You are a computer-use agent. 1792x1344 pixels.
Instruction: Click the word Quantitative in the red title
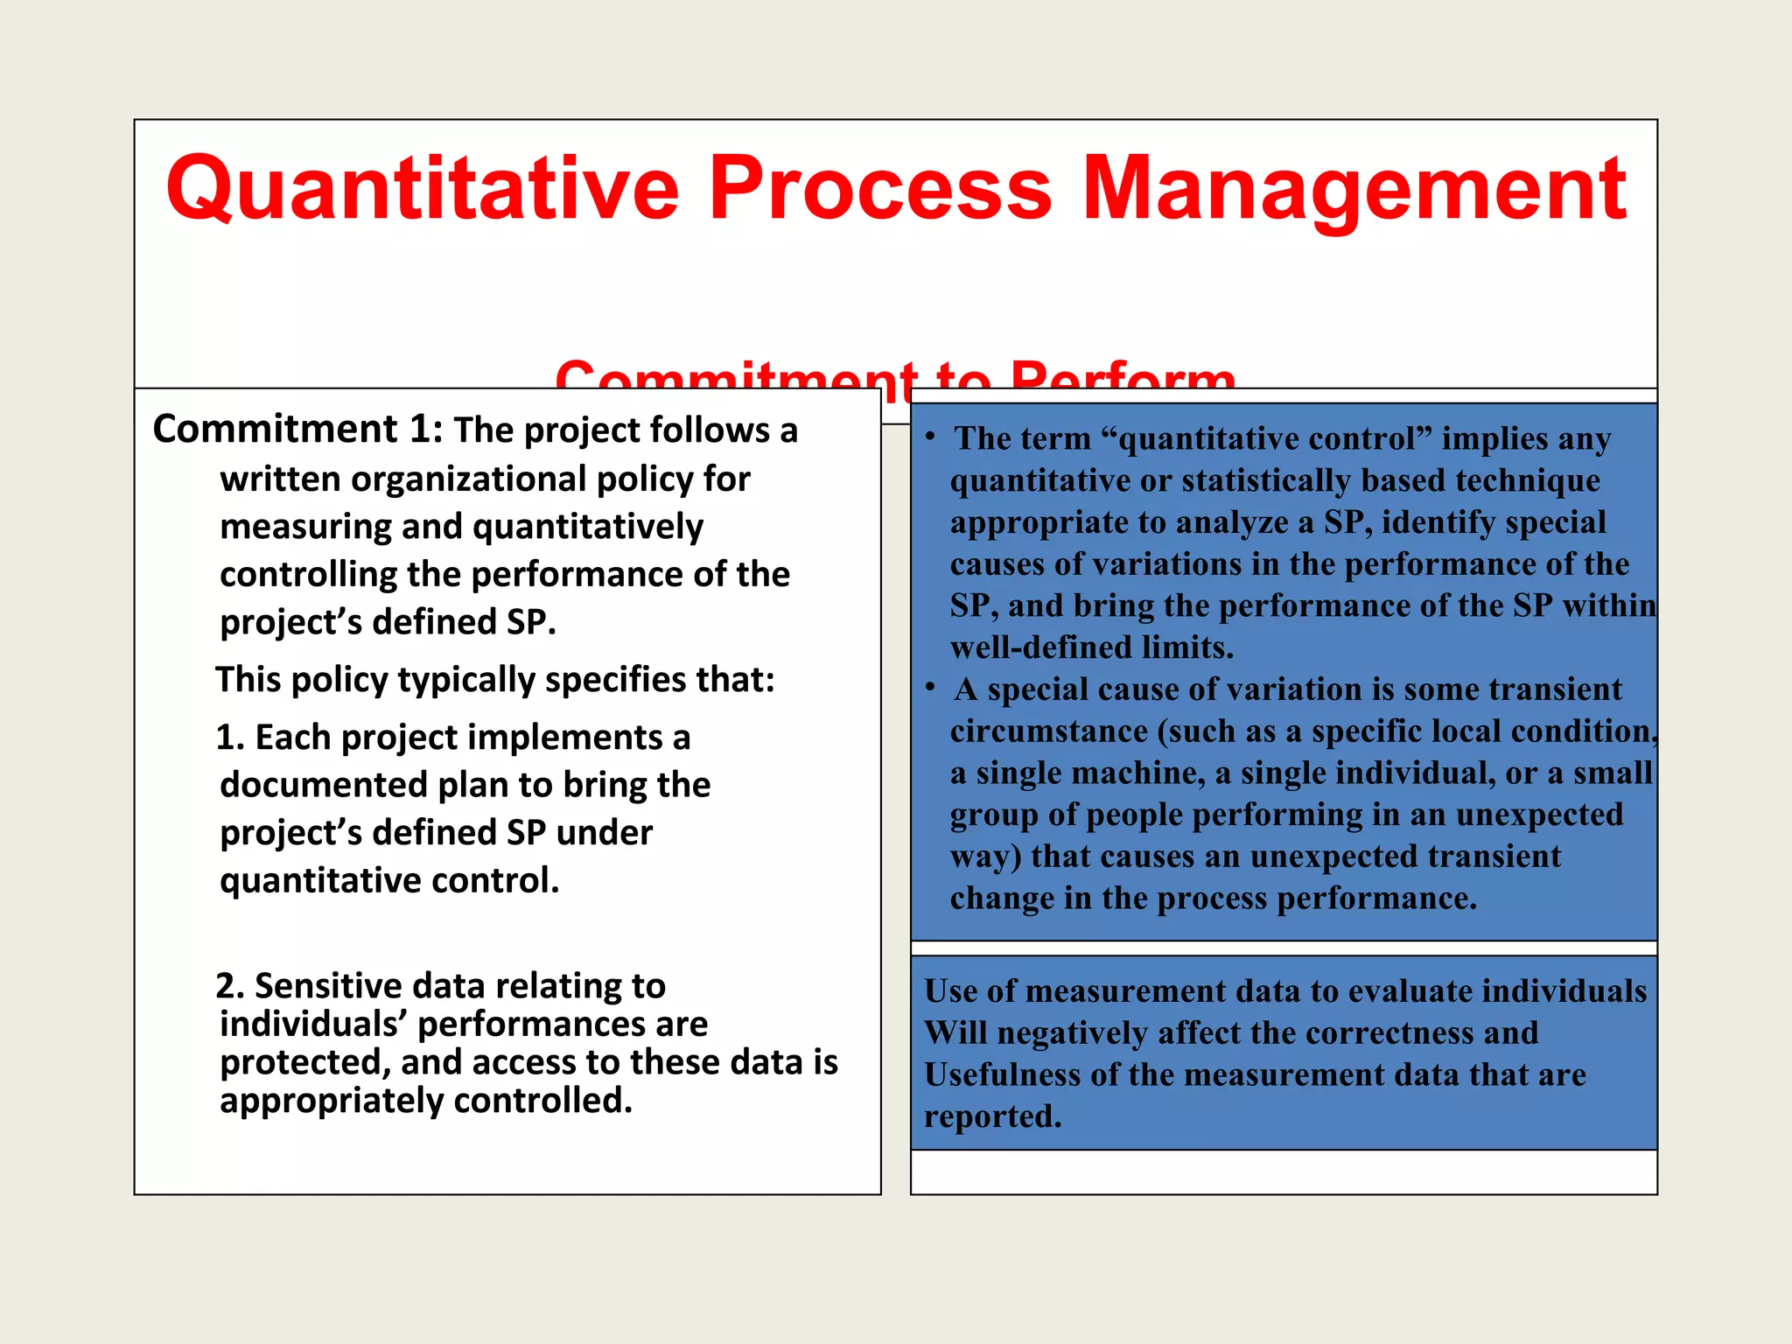[422, 188]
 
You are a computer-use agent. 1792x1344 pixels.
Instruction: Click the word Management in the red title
[1354, 188]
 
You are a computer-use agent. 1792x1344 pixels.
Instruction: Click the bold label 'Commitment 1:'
[297, 430]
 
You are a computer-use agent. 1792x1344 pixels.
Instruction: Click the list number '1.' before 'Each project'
[229, 738]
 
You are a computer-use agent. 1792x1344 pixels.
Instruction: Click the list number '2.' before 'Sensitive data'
[229, 986]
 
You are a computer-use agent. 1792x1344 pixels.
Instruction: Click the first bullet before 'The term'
[931, 436]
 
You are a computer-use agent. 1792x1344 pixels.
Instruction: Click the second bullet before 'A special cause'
[931, 687]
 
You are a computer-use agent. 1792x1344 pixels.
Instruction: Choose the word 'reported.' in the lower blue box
[992, 1116]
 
